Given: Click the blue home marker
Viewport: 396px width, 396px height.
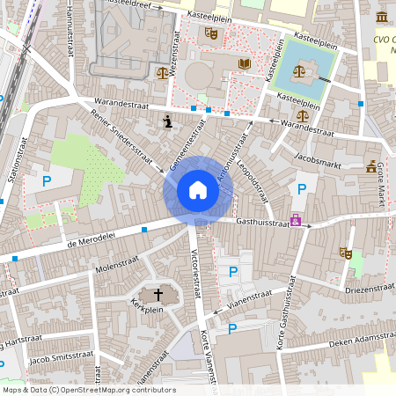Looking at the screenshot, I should pyautogui.click(x=197, y=190).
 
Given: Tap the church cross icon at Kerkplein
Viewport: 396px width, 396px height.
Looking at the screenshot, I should pyautogui.click(x=159, y=295).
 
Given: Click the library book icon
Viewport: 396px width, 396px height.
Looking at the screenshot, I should pyautogui.click(x=245, y=63).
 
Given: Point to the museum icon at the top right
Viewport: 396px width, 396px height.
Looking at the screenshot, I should pyautogui.click(x=382, y=18).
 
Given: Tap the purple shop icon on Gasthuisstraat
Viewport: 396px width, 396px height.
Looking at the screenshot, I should pyautogui.click(x=296, y=220).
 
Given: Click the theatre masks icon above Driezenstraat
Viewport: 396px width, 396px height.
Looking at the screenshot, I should pyautogui.click(x=346, y=253).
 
